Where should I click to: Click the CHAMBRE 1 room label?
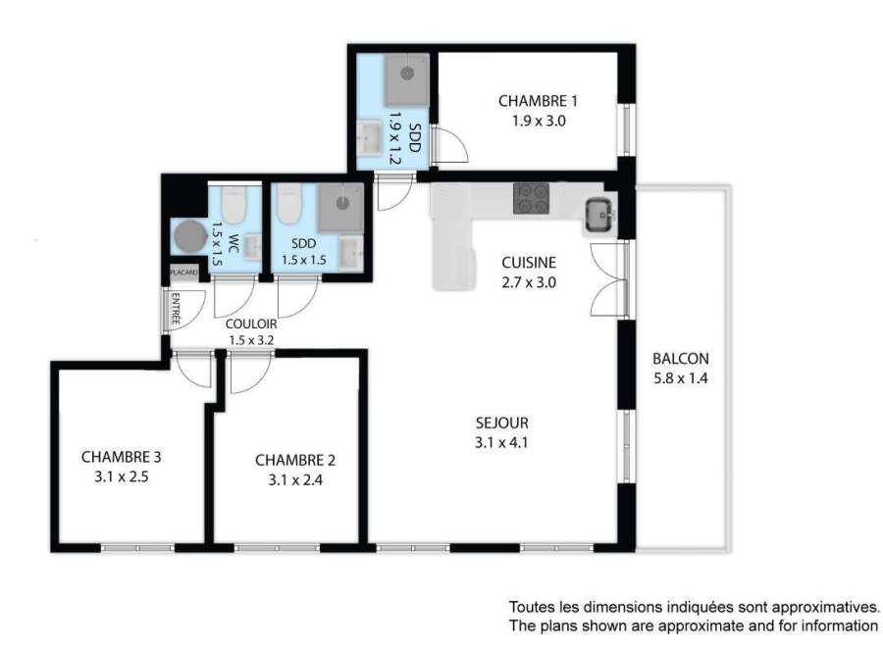point(538,101)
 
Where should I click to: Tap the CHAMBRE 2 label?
point(295,460)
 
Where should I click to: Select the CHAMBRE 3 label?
point(121,457)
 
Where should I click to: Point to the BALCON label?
point(680,359)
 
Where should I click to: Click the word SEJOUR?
point(501,423)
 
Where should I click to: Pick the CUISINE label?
point(529,262)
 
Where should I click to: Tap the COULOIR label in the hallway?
point(251,324)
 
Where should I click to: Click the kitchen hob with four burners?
point(531,198)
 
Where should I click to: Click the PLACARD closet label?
point(184,273)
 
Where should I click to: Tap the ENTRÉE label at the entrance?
point(176,309)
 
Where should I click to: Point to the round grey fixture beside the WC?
point(190,236)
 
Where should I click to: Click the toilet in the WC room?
point(234,204)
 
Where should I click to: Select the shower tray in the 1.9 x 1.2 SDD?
point(407,79)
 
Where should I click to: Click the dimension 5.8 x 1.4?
point(680,378)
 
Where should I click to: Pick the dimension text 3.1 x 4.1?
point(501,442)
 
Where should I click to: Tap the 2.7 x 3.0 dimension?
point(529,282)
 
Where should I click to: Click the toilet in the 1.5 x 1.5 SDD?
point(289,204)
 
